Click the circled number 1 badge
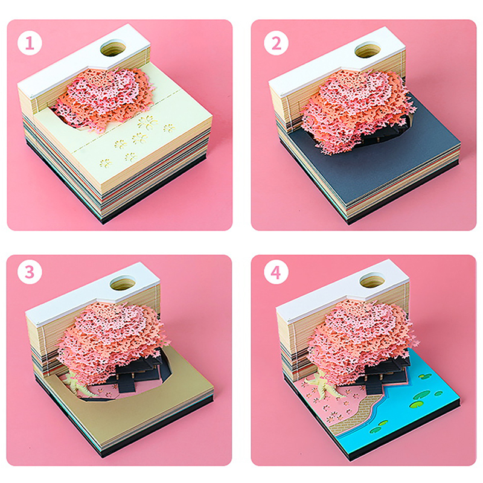tap(30, 43)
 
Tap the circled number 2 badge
tap(276, 43)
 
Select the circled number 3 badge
tap(30, 272)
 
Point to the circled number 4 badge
tap(276, 272)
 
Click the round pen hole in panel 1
tap(113, 48)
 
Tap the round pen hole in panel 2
tap(368, 50)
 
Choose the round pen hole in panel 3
tap(123, 283)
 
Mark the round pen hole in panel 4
tap(372, 280)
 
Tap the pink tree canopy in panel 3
tap(111, 339)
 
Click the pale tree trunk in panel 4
tap(325, 383)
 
